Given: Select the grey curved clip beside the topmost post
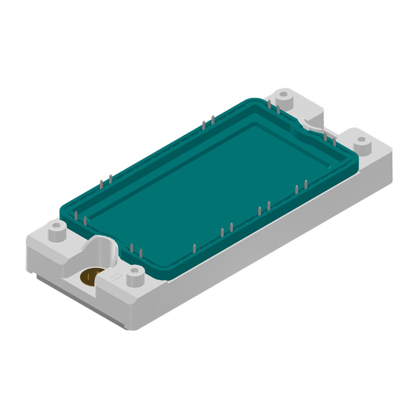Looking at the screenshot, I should pos(311,124).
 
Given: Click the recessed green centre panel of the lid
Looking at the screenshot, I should pos(209,180).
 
